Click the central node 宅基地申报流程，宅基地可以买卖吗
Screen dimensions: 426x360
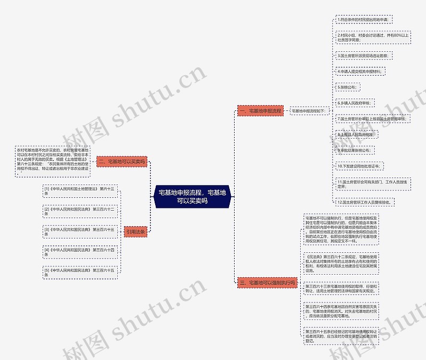pos(192,196)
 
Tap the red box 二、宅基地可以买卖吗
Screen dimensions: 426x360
pos(122,161)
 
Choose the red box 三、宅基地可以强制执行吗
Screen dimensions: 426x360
pos(267,283)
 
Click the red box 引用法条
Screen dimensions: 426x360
pos(135,231)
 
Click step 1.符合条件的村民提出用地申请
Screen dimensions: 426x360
pos(364,20)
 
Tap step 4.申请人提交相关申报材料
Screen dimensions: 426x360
pos(360,71)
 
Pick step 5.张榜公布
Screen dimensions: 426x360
pos(349,86)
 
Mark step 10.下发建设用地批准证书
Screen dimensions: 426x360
pos(359,166)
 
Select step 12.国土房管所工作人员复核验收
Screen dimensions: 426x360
pos(366,203)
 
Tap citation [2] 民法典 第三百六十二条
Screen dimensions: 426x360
pos(80,211)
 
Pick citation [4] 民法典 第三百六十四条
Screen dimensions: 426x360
pos(80,252)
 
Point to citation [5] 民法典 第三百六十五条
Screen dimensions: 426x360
pos(80,272)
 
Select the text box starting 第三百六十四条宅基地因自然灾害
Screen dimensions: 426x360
pos(342,311)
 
